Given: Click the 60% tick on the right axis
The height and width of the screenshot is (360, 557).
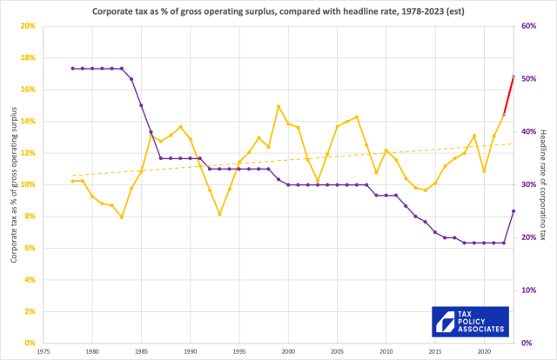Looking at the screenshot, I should tap(529, 26).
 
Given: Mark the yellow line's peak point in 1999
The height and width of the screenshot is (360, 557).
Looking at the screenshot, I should tap(278, 106).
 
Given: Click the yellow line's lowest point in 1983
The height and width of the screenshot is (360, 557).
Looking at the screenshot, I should tap(122, 217).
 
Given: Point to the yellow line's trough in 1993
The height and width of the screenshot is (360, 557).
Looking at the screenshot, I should tap(219, 214).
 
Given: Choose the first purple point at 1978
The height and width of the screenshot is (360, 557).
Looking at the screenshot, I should tap(73, 69).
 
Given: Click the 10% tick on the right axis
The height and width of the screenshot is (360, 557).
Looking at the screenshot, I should tap(529, 290).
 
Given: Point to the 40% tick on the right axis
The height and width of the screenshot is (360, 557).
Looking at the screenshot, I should tap(529, 132).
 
